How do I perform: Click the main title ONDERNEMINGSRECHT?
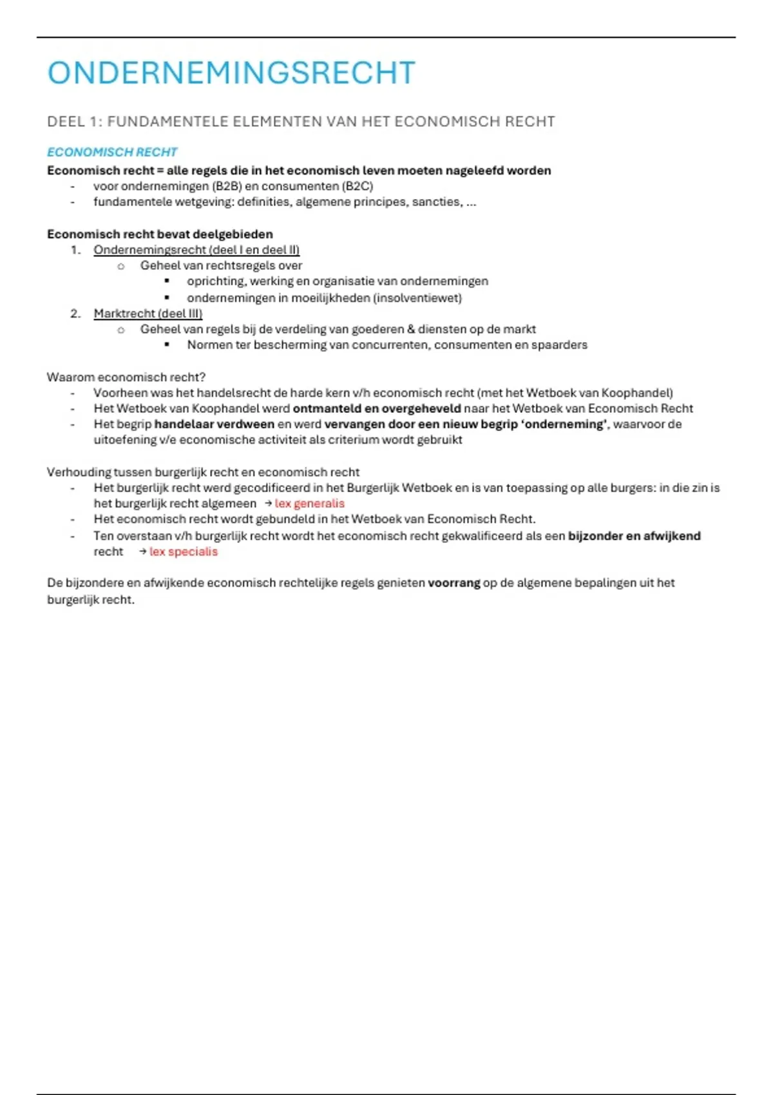click(x=231, y=73)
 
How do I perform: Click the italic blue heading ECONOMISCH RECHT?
click(x=112, y=152)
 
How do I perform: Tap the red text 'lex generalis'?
click(x=309, y=504)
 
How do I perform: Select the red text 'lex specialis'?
click(x=184, y=552)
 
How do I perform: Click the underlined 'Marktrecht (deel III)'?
click(x=148, y=314)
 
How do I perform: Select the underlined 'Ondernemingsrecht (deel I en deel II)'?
click(x=196, y=250)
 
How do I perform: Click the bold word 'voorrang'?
click(x=454, y=583)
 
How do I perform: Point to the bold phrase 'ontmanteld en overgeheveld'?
click(x=377, y=408)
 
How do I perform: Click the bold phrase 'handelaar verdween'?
click(x=214, y=424)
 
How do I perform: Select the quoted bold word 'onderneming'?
click(x=566, y=424)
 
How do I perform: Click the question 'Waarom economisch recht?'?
click(x=126, y=377)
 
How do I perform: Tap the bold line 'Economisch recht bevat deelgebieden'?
click(x=160, y=234)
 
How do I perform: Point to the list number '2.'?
click(x=75, y=314)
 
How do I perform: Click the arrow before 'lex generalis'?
click(x=268, y=504)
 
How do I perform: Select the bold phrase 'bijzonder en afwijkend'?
click(x=634, y=536)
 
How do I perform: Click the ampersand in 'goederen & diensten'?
click(x=411, y=329)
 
